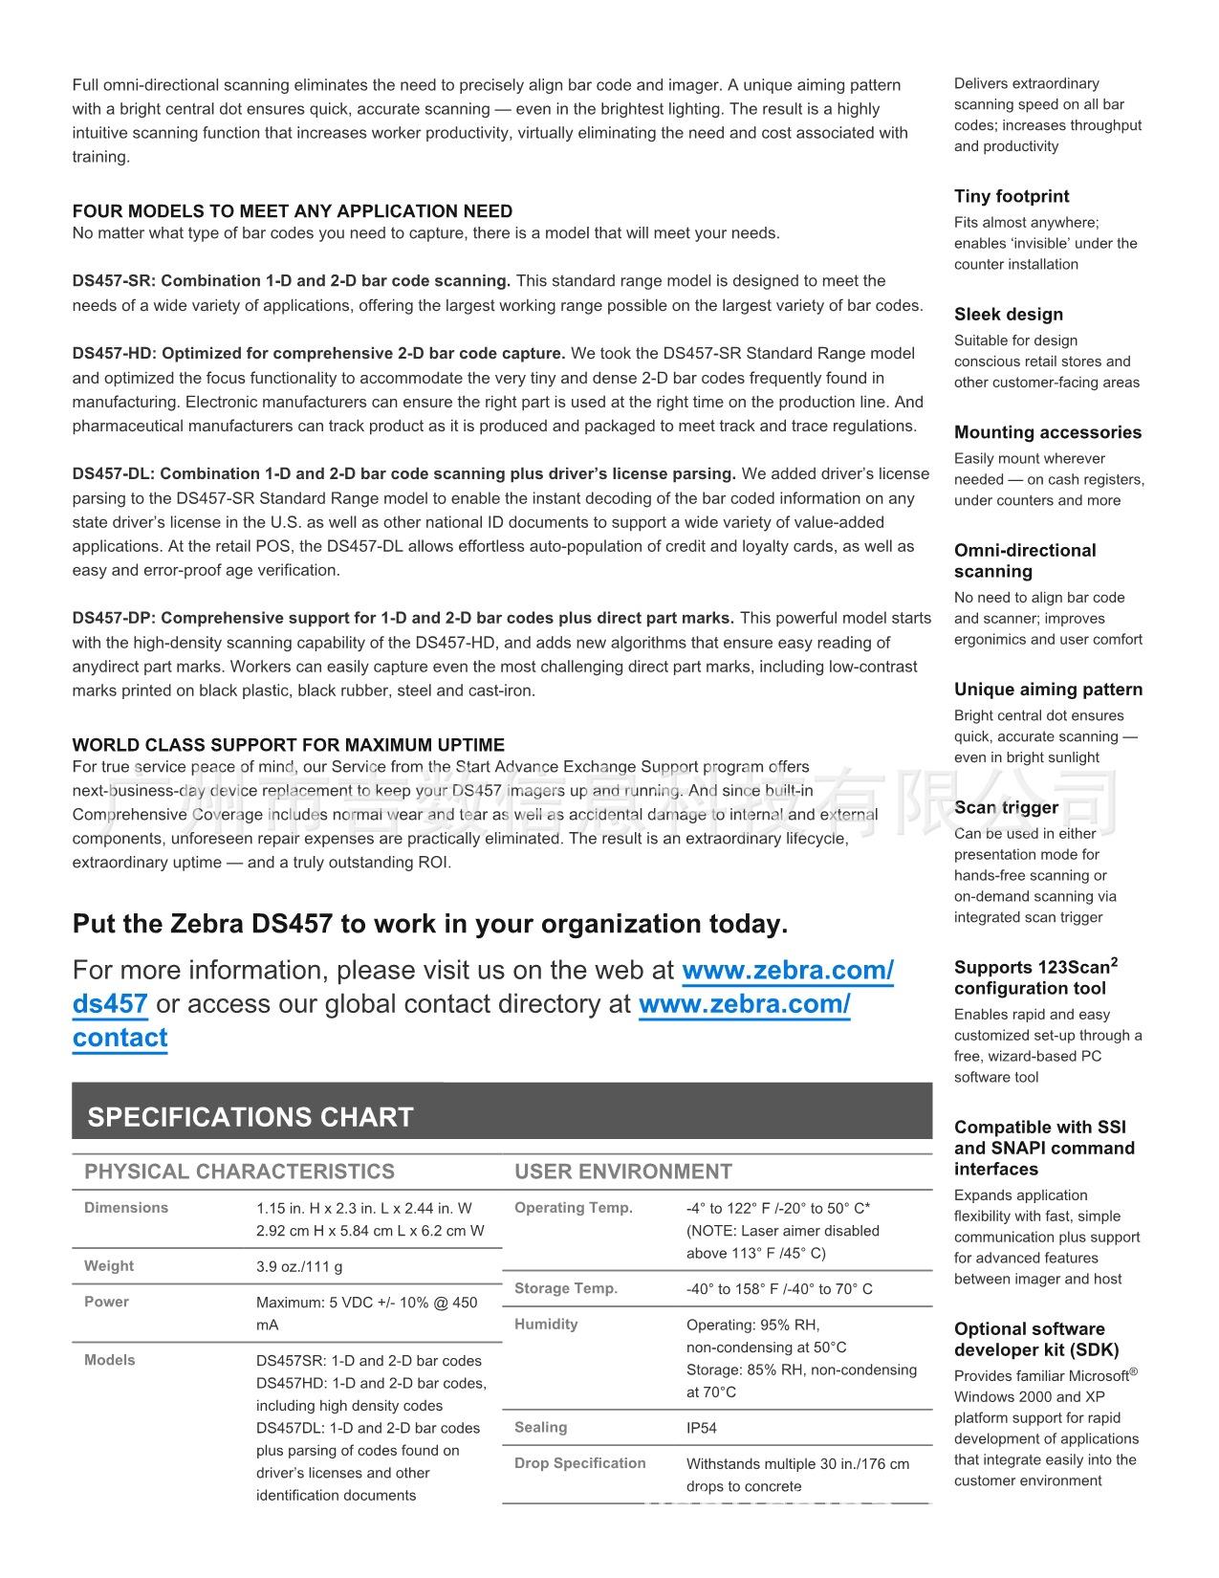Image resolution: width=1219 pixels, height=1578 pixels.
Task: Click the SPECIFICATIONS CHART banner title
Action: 250,1117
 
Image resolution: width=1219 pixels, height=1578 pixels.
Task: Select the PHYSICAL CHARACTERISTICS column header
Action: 239,1172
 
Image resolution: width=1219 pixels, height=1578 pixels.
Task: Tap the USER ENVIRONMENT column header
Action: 623,1172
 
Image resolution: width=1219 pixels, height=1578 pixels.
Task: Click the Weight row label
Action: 109,1265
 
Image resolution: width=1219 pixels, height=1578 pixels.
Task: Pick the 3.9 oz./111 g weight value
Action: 299,1266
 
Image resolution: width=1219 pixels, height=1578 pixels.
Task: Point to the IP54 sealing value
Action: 702,1428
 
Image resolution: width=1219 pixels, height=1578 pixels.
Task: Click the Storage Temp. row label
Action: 566,1288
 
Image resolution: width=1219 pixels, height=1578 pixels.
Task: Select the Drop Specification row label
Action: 580,1463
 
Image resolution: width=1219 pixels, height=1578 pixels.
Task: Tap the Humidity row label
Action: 546,1325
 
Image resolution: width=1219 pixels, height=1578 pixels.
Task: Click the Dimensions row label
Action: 126,1208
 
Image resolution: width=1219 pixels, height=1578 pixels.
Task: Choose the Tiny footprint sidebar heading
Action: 1012,196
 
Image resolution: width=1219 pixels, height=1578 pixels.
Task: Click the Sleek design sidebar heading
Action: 1009,315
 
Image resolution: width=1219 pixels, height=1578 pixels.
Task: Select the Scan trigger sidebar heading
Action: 1006,807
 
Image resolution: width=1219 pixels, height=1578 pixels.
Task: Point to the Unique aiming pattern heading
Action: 1048,690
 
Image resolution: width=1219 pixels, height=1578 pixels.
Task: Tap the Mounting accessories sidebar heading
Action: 1048,432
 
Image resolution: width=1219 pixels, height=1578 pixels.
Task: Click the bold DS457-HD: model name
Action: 115,354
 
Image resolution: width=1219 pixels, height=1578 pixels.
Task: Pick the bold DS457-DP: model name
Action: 115,619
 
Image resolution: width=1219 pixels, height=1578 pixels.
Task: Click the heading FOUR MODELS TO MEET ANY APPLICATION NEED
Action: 293,211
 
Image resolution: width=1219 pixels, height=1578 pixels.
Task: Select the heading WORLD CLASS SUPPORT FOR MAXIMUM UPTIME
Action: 289,745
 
